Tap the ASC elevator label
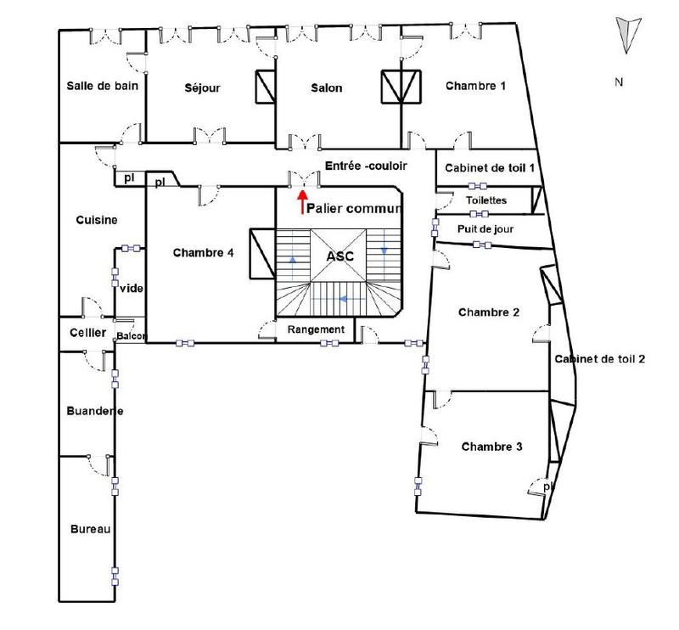pos(339,256)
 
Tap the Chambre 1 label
pos(475,86)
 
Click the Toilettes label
pos(487,200)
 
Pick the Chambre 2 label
pos(489,312)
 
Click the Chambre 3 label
pos(491,447)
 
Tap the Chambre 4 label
pos(203,252)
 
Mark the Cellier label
pos(87,333)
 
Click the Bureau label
pos(89,529)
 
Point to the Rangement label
pos(317,329)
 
